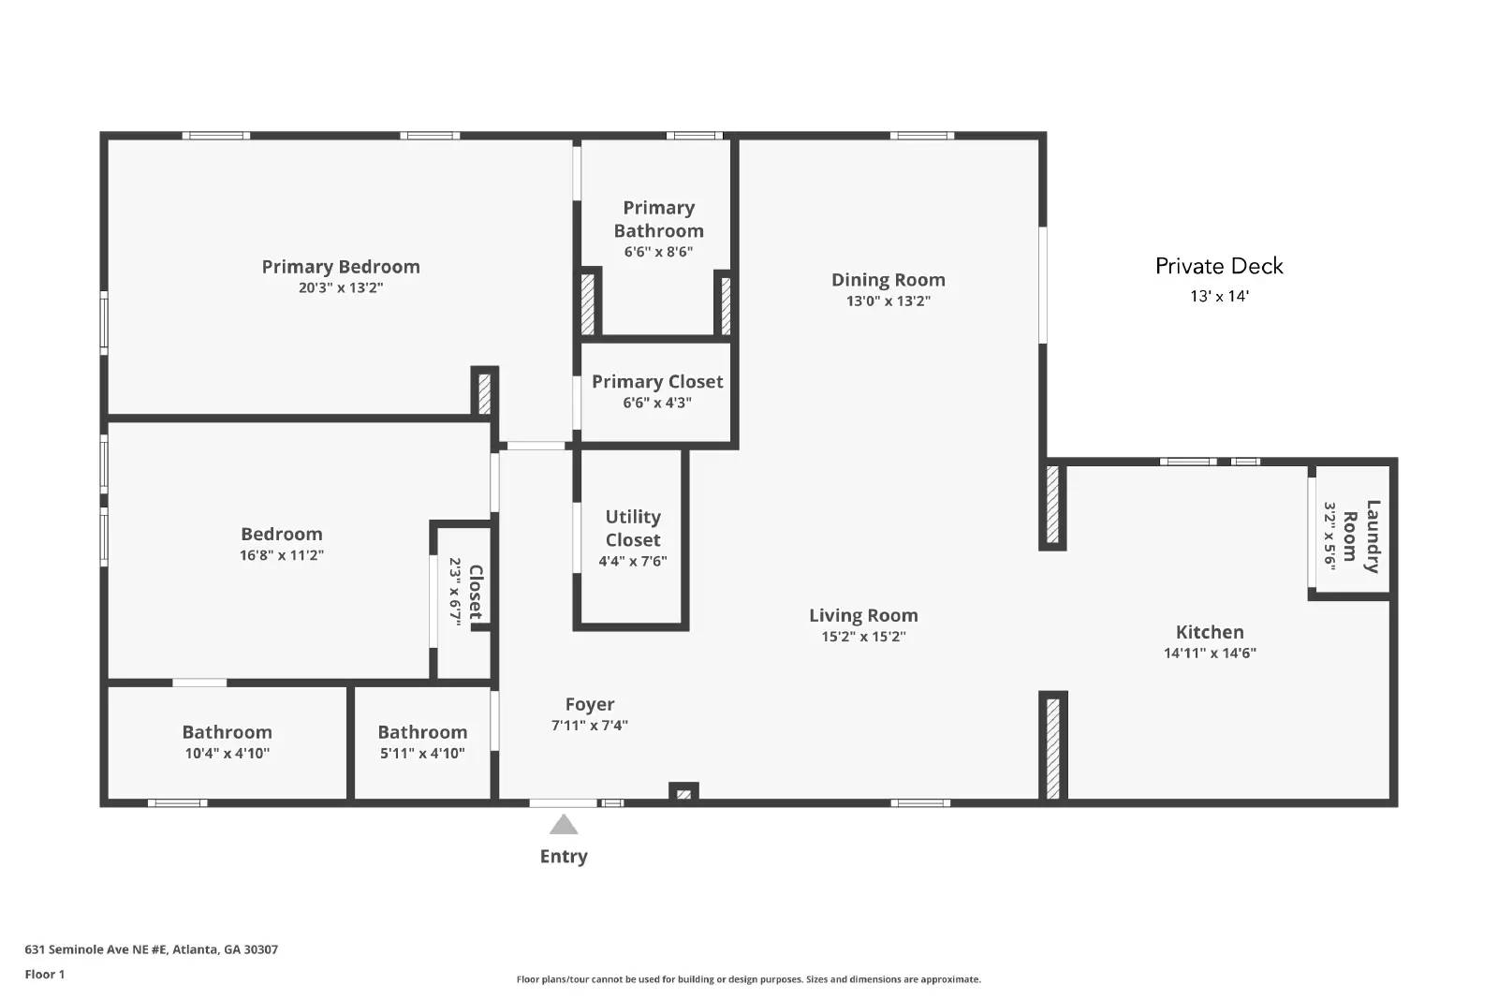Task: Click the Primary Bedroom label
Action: (340, 267)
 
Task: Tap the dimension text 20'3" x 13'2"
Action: (340, 288)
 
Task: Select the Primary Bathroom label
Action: (658, 219)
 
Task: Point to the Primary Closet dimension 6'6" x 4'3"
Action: (656, 404)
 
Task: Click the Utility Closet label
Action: (633, 528)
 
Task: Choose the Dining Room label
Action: (888, 280)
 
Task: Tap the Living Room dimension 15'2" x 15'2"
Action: (862, 637)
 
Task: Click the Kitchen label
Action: (1209, 632)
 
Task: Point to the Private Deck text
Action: (1218, 266)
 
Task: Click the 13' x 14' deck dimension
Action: (1219, 297)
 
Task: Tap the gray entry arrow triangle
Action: (563, 825)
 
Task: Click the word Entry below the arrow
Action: (564, 856)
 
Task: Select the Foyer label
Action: (589, 704)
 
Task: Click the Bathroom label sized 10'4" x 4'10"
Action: (227, 732)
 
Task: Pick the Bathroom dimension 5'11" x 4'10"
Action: (421, 754)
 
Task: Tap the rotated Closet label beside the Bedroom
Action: (476, 592)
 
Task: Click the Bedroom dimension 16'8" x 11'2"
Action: (281, 555)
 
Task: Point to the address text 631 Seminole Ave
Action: (151, 949)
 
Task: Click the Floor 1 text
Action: (44, 975)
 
